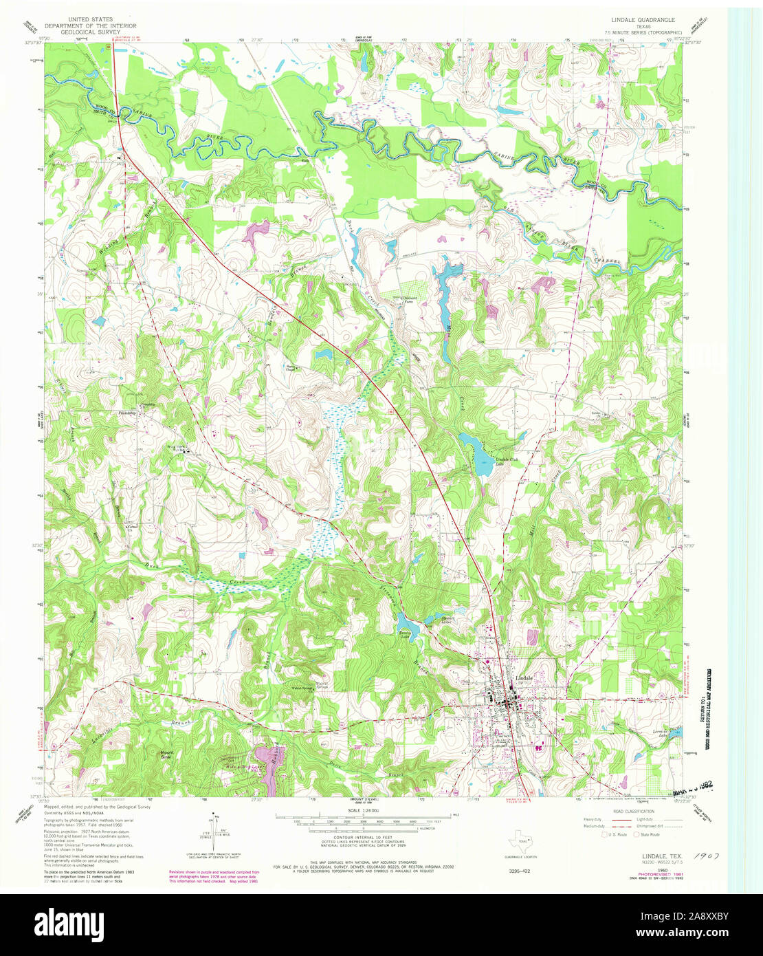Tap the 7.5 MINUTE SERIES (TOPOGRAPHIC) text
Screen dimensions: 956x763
point(642,32)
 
